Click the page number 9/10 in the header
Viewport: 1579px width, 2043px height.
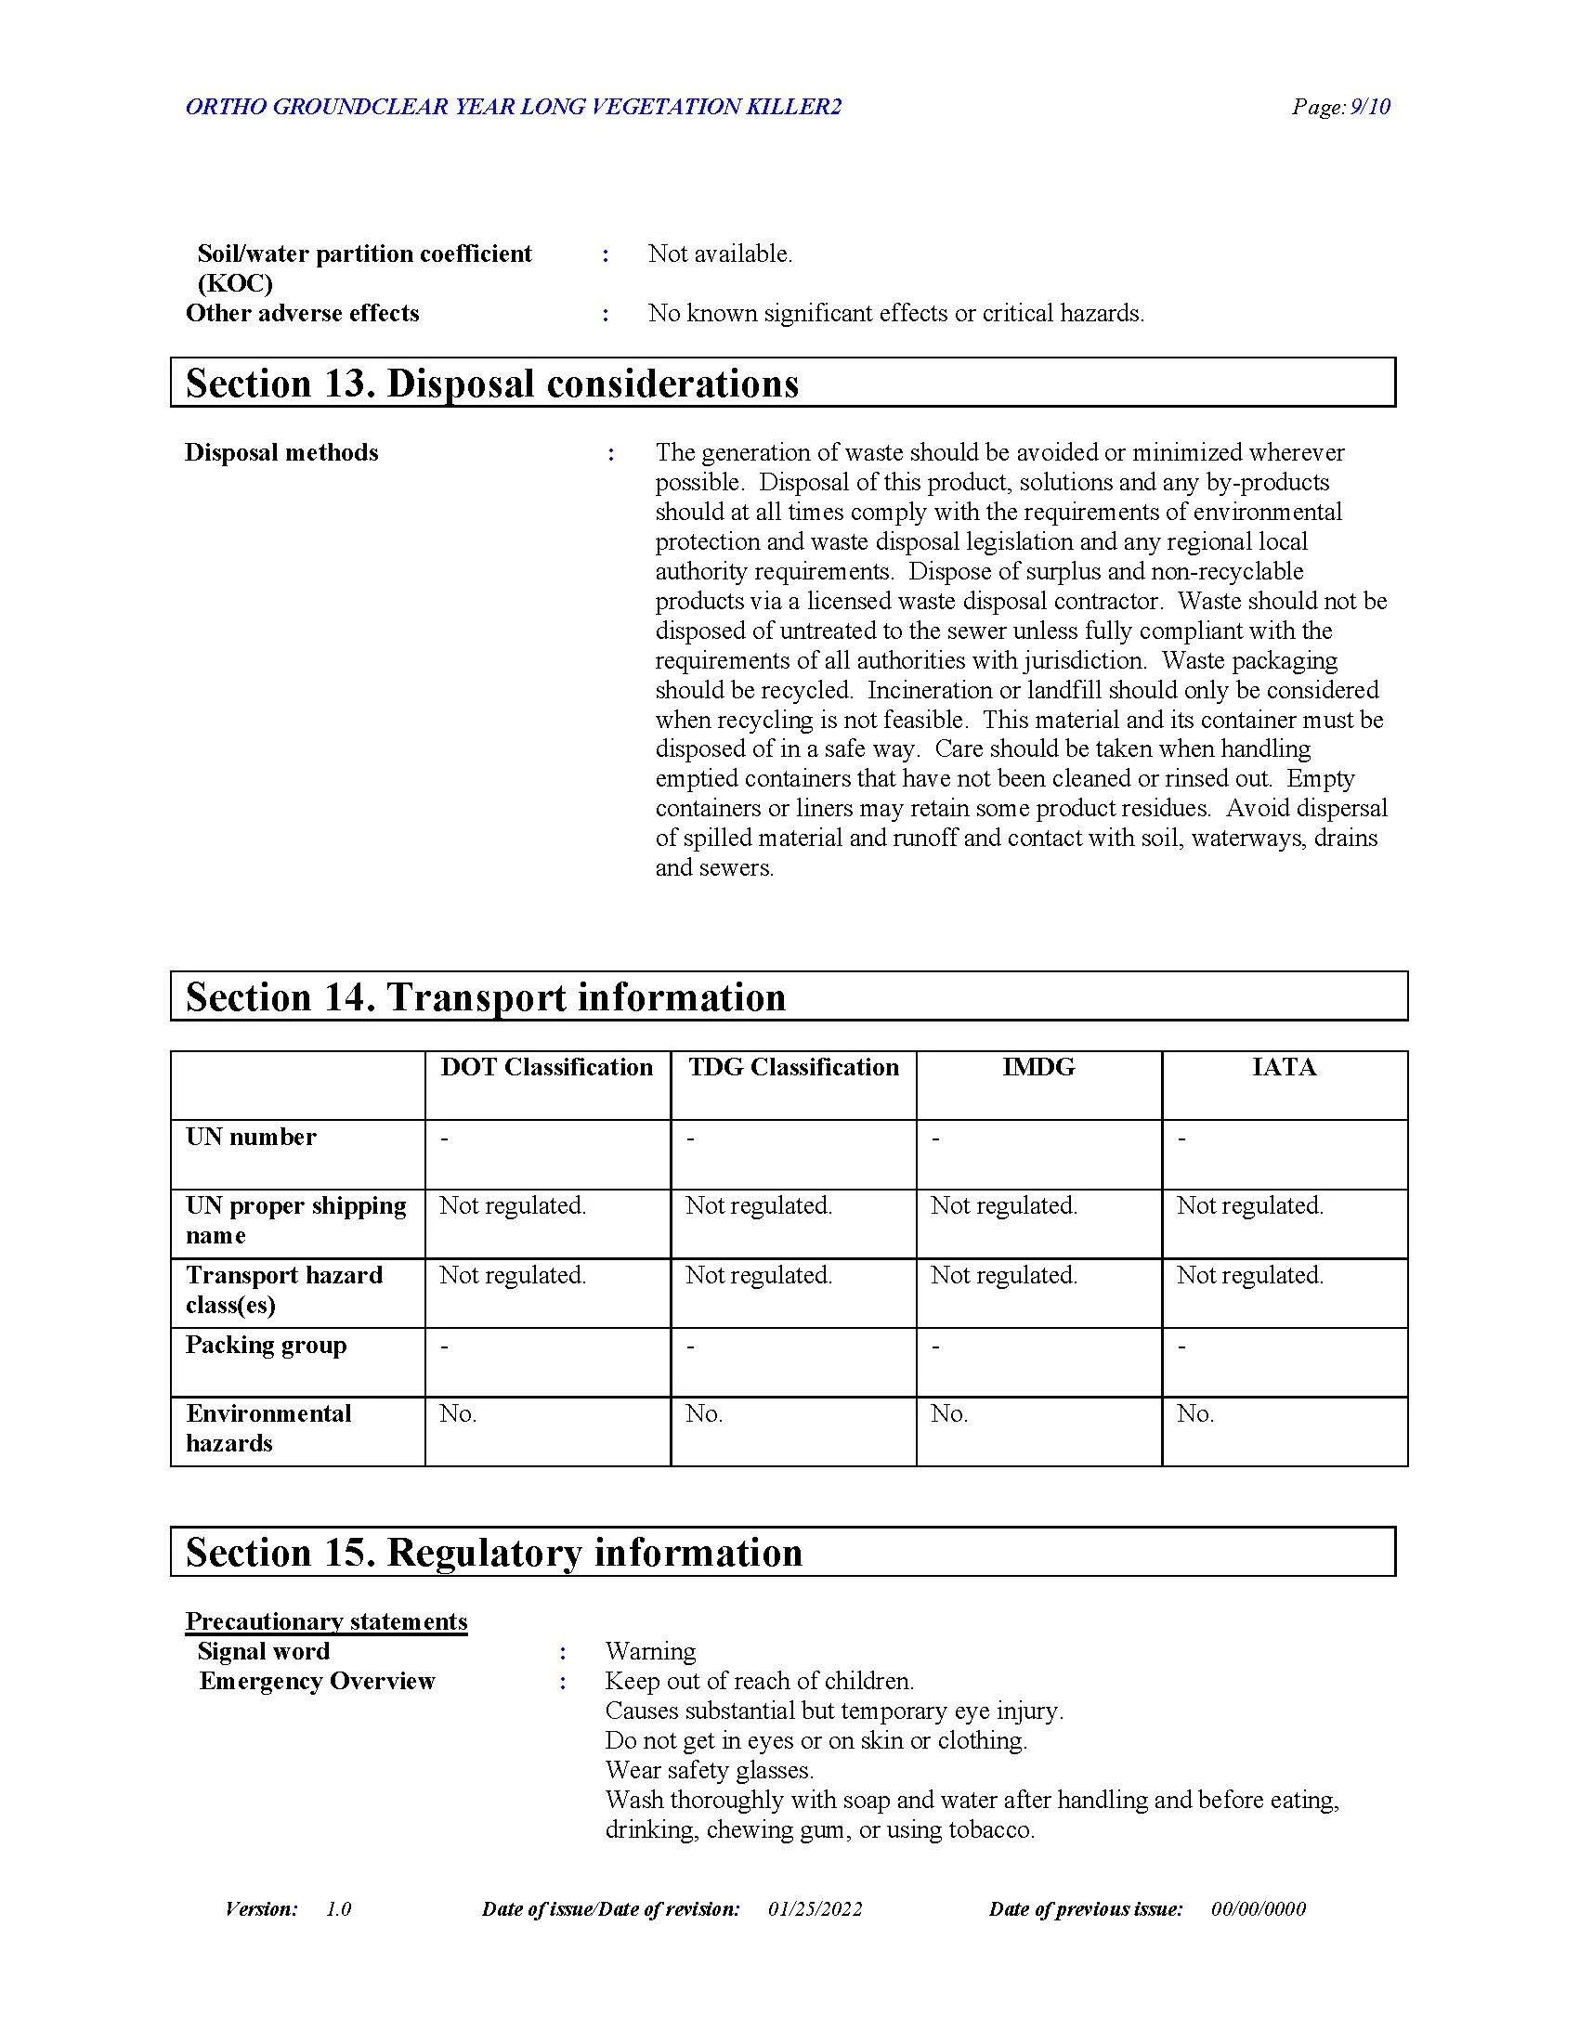coord(1341,107)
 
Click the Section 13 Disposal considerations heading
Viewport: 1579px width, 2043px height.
coord(492,384)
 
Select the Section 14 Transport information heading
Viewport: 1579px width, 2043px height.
coord(486,997)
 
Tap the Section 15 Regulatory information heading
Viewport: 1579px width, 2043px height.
coord(494,1552)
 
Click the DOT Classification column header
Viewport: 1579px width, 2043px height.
coord(547,1067)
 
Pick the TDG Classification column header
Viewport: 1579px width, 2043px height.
coord(793,1067)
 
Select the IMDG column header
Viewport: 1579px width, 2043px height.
coord(1038,1067)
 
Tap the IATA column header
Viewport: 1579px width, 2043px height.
coord(1285,1067)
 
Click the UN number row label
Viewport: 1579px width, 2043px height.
coord(251,1137)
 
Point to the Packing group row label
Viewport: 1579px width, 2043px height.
coord(266,1345)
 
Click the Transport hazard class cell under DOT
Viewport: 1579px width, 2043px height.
coord(513,1275)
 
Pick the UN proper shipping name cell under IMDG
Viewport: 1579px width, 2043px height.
coord(1004,1205)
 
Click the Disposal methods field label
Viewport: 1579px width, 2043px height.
coord(281,453)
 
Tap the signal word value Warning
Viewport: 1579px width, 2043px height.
coord(650,1651)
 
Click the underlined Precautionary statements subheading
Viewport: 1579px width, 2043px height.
coord(326,1621)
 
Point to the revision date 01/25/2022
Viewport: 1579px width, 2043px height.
coord(815,1909)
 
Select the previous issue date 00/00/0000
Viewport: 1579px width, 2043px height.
coord(1259,1909)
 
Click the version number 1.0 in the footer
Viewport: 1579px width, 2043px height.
coord(339,1909)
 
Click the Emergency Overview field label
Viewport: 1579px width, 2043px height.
coord(317,1681)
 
